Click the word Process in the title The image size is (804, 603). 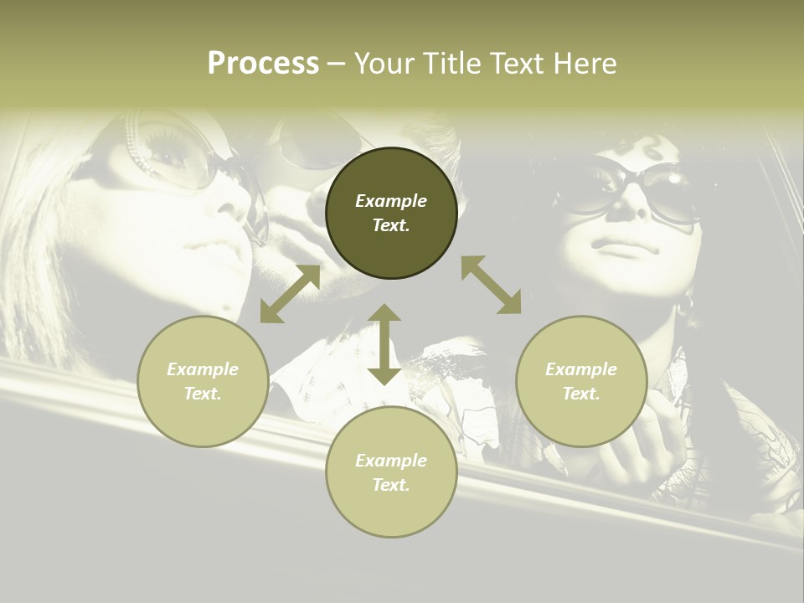263,64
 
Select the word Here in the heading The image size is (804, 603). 585,64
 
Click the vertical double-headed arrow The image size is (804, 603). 384,344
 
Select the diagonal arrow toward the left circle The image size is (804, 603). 290,294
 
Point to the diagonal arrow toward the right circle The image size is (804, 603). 492,285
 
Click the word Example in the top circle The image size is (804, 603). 391,201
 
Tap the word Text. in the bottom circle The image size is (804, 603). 391,485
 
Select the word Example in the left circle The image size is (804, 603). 203,369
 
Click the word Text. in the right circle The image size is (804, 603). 581,394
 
